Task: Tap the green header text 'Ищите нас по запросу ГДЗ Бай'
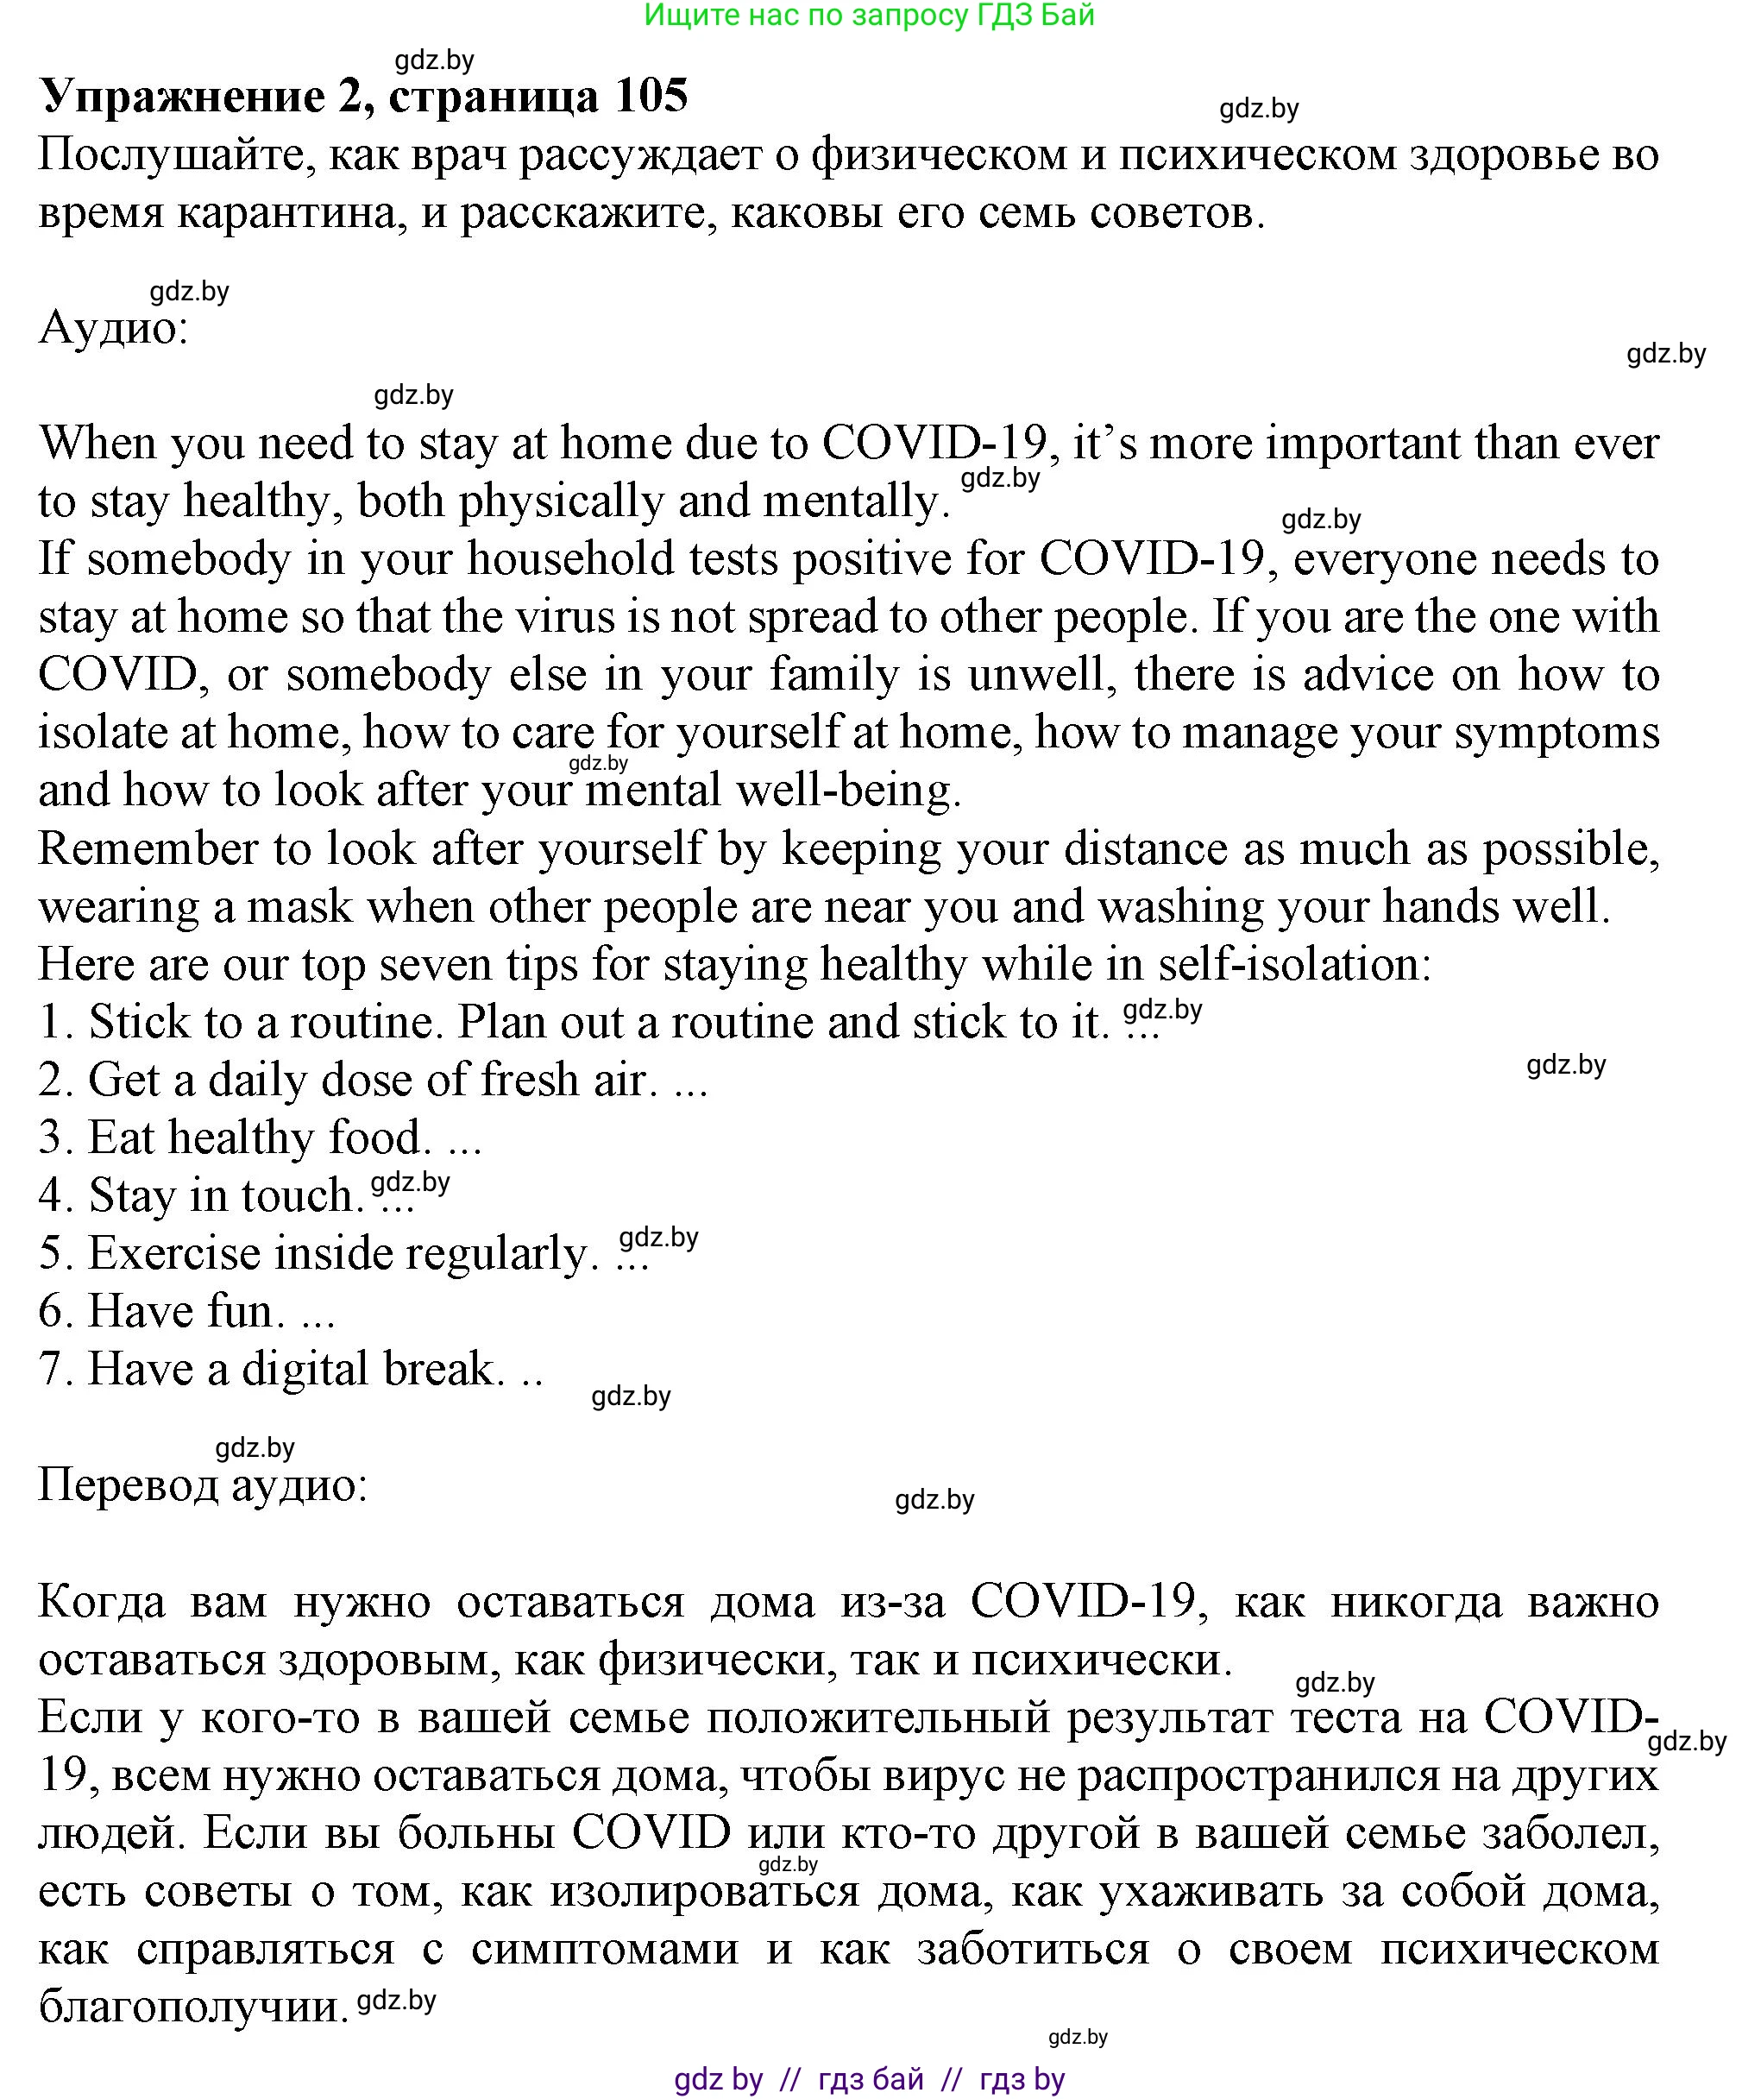(x=870, y=15)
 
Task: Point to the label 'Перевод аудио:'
(x=203, y=1485)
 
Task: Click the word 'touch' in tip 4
(x=297, y=1196)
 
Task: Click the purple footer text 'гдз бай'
(x=870, y=2080)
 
